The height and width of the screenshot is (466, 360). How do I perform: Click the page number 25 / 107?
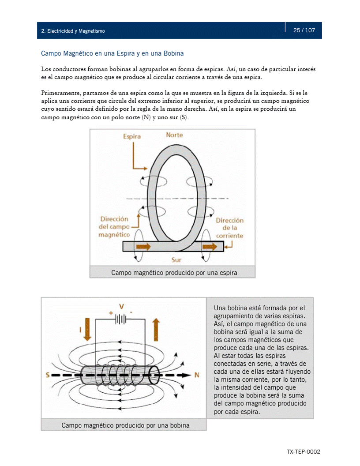click(x=304, y=30)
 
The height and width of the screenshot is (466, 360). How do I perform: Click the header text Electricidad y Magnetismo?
click(x=73, y=31)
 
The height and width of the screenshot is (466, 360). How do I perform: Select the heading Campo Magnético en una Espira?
click(x=112, y=53)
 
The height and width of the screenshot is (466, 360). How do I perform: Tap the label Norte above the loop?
click(x=174, y=135)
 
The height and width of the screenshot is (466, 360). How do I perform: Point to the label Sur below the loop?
click(x=176, y=260)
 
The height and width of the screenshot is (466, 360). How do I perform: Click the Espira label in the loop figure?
click(x=132, y=136)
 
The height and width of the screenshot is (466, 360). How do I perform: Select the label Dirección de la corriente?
click(x=229, y=228)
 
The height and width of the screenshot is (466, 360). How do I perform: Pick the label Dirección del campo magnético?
click(x=114, y=227)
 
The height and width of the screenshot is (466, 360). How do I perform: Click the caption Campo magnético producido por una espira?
click(x=174, y=273)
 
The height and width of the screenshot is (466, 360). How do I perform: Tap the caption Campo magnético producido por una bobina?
click(x=125, y=425)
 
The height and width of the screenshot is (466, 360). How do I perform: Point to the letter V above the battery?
click(x=121, y=306)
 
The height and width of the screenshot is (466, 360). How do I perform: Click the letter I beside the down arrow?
click(x=80, y=329)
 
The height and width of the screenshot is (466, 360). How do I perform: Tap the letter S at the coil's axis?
click(x=47, y=375)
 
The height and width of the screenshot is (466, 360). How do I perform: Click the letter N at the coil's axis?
click(x=197, y=375)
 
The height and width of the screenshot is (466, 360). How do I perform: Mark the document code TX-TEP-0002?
click(x=303, y=452)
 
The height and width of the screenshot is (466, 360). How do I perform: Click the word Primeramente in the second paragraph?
click(x=59, y=93)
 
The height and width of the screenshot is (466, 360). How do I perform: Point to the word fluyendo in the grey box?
click(x=295, y=372)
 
